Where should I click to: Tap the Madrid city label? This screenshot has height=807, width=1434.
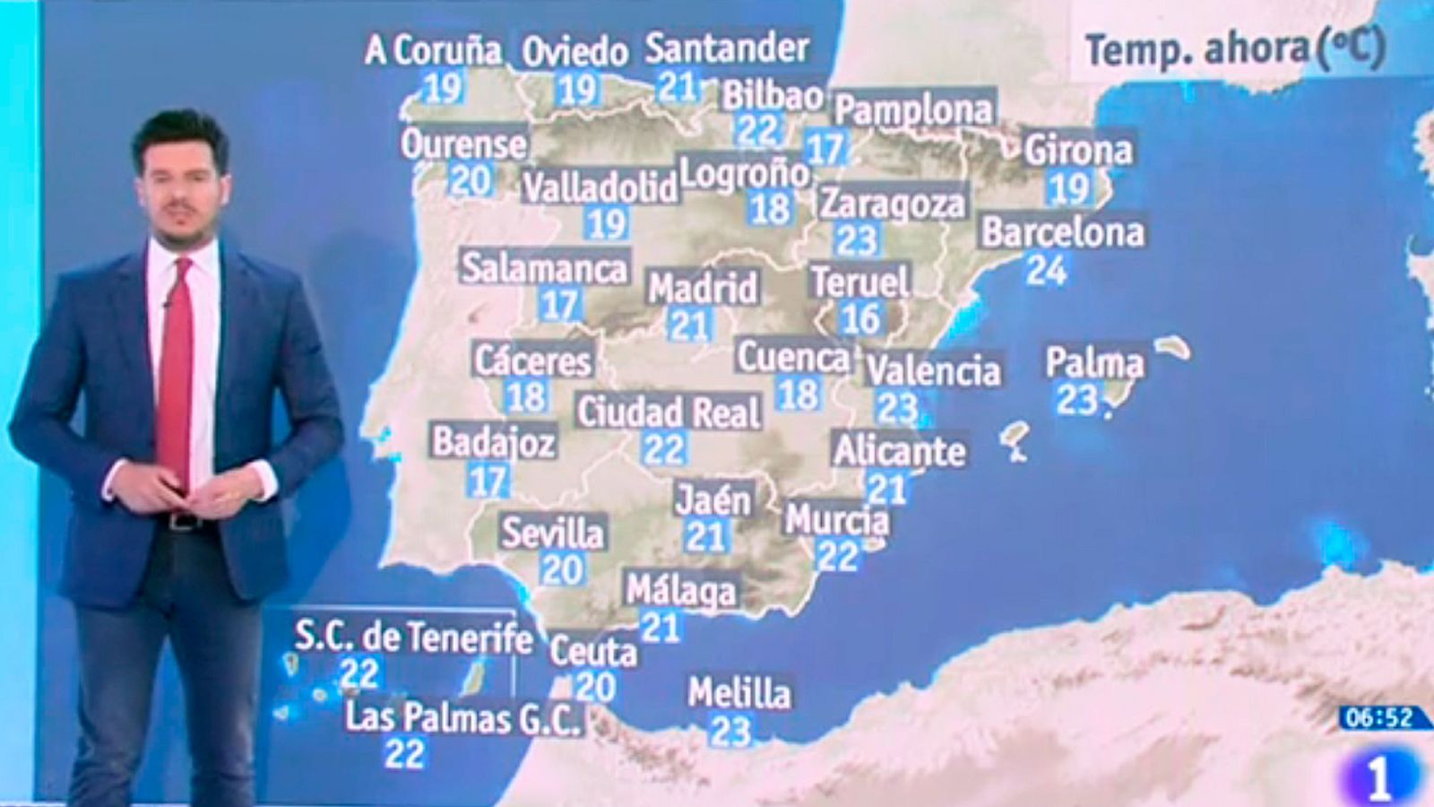pyautogui.click(x=703, y=289)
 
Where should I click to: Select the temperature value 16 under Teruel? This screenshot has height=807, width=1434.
pyautogui.click(x=860, y=318)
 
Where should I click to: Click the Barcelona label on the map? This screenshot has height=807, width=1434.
pyautogui.click(x=1063, y=232)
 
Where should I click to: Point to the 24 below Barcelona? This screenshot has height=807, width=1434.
pyautogui.click(x=1046, y=269)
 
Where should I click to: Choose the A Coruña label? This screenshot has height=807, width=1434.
pyautogui.click(x=433, y=50)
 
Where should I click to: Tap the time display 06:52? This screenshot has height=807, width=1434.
pyautogui.click(x=1378, y=717)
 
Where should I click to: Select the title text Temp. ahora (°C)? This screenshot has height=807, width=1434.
pyautogui.click(x=1235, y=49)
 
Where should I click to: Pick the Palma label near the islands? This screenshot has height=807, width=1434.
pyautogui.click(x=1094, y=363)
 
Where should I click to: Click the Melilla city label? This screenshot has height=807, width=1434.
pyautogui.click(x=739, y=693)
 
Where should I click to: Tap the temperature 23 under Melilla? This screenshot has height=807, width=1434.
pyautogui.click(x=730, y=732)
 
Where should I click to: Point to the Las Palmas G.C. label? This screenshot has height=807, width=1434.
pyautogui.click(x=463, y=718)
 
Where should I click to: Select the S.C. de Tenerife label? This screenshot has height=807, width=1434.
pyautogui.click(x=413, y=638)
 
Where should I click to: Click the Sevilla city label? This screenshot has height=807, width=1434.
pyautogui.click(x=552, y=533)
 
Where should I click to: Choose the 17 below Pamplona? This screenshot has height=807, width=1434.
pyautogui.click(x=825, y=148)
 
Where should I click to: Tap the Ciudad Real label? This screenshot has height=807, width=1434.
pyautogui.click(x=669, y=412)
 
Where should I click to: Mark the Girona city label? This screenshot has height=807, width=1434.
pyautogui.click(x=1078, y=150)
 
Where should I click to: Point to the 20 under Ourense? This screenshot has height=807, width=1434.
pyautogui.click(x=470, y=181)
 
